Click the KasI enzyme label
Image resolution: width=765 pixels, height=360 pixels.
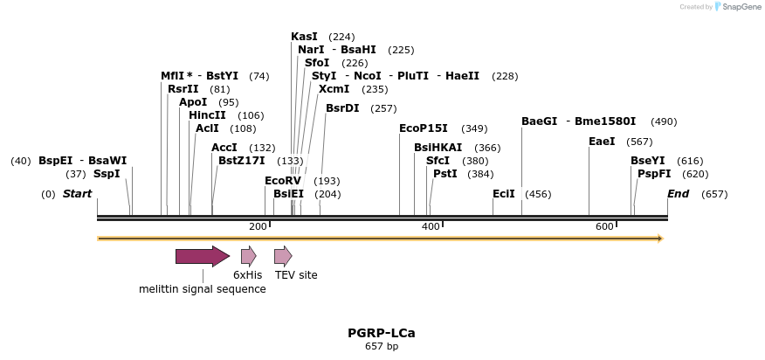point(304,37)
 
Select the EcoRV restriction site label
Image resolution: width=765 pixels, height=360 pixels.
point(282,181)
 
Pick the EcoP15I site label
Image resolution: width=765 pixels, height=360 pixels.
point(423,128)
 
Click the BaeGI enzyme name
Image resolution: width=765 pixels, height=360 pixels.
point(539,121)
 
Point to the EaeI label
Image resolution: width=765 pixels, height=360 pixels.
point(602,142)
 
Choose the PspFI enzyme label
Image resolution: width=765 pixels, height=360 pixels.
point(654,174)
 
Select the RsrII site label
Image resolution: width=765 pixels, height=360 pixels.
point(183,89)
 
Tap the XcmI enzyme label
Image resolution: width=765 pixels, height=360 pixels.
point(334,89)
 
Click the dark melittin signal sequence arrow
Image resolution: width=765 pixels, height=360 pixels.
point(203,256)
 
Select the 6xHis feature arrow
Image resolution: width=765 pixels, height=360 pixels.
point(248,256)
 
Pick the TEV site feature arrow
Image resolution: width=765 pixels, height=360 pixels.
point(283,256)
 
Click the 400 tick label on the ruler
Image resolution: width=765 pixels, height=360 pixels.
point(431,227)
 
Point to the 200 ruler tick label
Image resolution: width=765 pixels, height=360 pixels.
point(258,227)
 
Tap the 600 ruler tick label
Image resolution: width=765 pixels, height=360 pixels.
point(604,227)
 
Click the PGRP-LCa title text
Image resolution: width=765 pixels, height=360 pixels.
point(382,333)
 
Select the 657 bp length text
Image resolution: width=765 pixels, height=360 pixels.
point(382,347)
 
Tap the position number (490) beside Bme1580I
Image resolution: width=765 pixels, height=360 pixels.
point(664,121)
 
